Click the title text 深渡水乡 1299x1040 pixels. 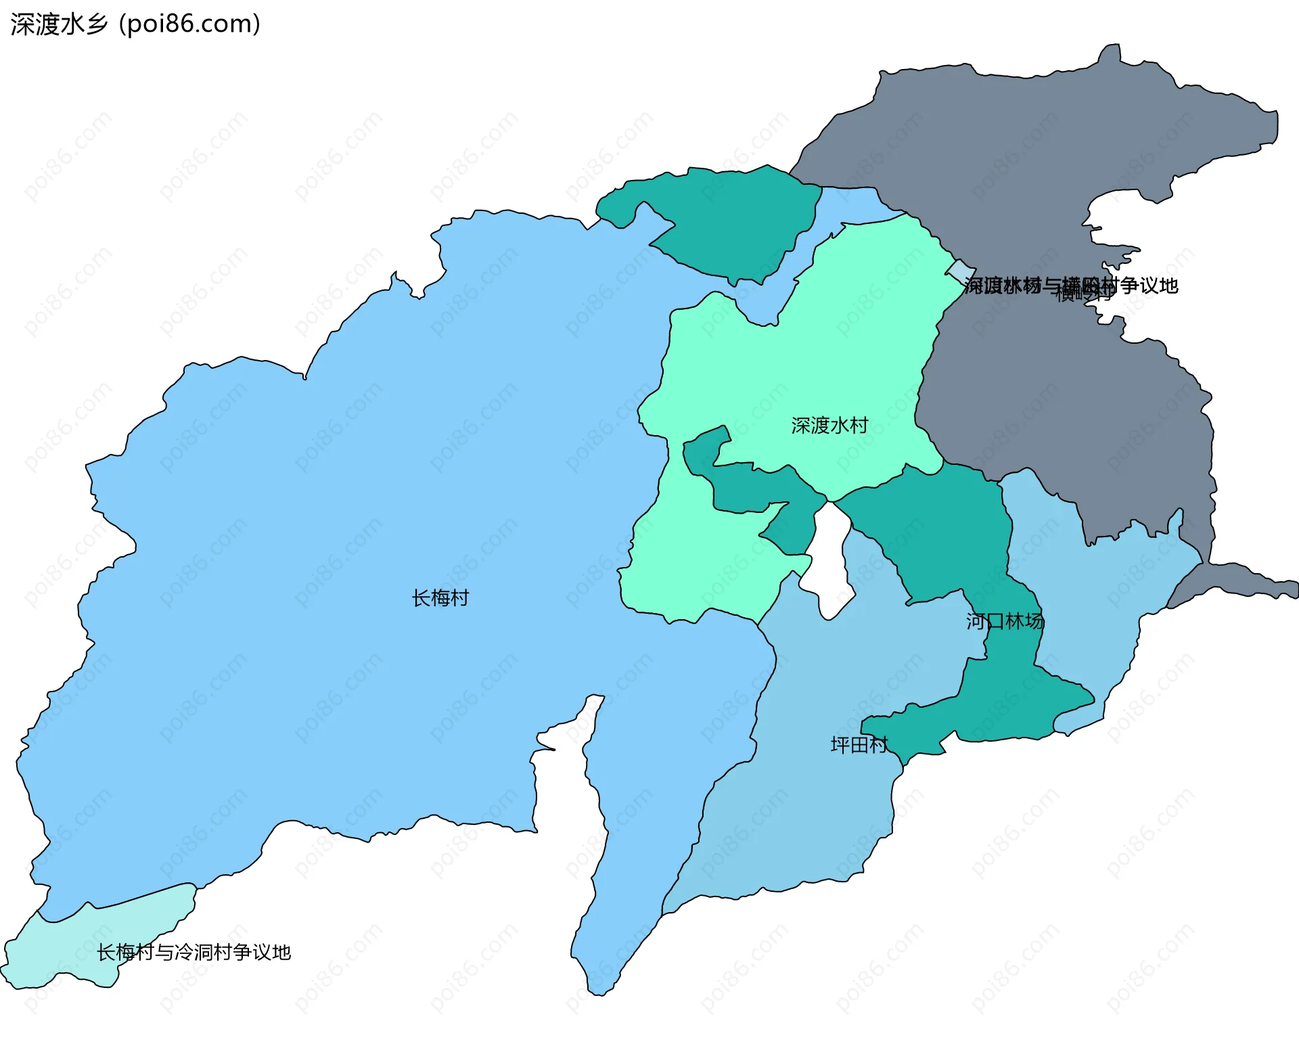60,24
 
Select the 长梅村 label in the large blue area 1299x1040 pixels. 440,598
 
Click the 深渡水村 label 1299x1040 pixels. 829,426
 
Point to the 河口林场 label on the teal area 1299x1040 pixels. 1005,621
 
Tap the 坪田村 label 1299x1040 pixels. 859,745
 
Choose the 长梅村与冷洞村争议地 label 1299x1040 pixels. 193,953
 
